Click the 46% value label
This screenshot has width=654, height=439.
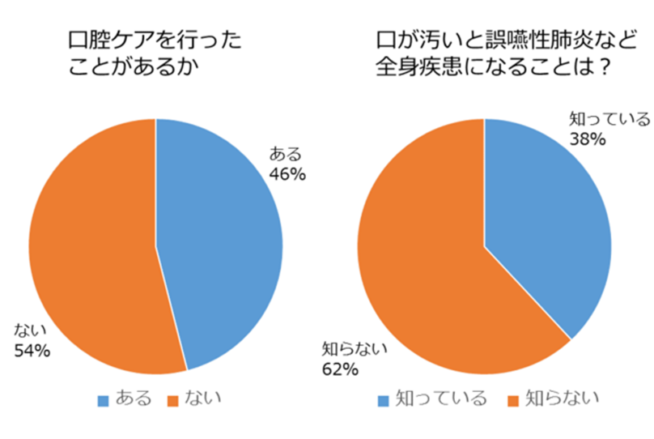(288, 173)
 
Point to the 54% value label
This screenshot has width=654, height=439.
(32, 352)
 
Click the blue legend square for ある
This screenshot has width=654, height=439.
(103, 399)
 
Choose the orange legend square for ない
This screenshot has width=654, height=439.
(172, 399)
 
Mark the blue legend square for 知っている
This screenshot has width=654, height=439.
(384, 399)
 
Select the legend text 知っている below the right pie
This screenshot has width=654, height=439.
(440, 399)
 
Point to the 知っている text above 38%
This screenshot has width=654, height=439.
(609, 120)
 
